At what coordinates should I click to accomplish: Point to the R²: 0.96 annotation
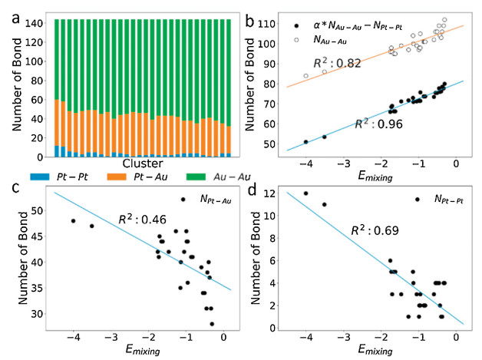(378, 121)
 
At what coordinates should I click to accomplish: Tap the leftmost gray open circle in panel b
(306, 76)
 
